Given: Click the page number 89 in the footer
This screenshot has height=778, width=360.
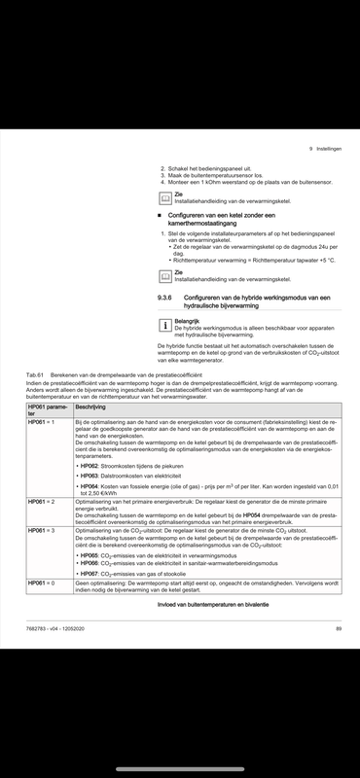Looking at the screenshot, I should click(x=338, y=630).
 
